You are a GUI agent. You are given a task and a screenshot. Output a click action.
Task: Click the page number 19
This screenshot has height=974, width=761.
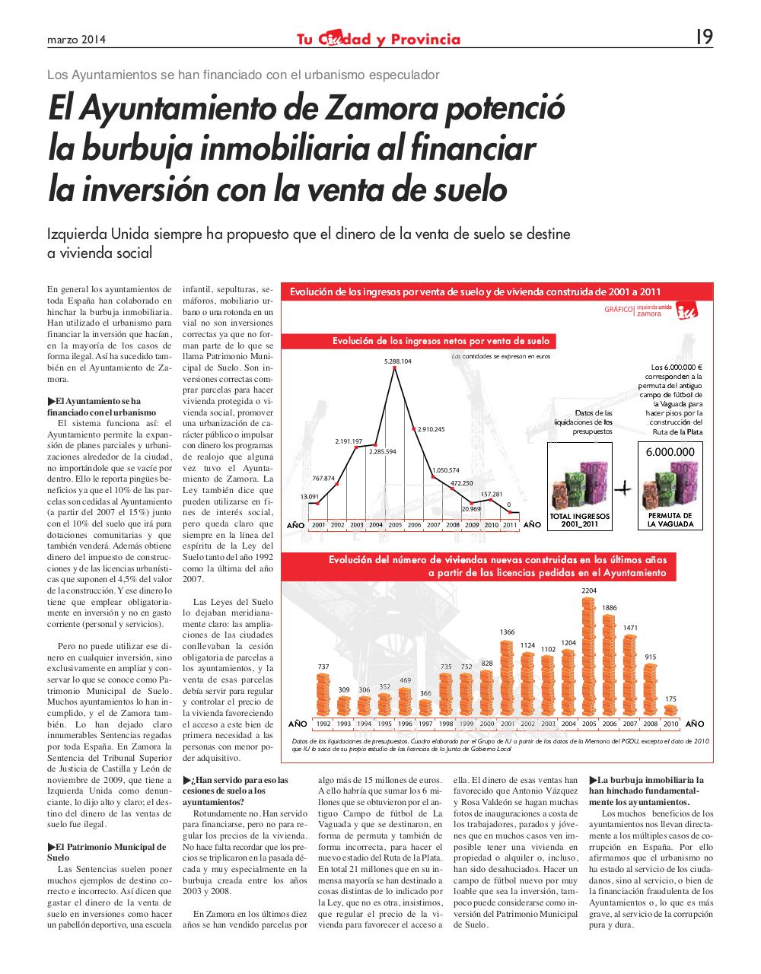(x=704, y=37)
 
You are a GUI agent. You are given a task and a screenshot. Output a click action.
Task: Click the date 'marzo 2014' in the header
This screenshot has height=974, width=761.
(x=76, y=40)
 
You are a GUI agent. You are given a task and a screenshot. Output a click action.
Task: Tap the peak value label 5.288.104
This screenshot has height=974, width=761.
(x=398, y=361)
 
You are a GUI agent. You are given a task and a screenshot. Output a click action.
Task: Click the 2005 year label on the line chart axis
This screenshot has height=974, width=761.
(x=395, y=525)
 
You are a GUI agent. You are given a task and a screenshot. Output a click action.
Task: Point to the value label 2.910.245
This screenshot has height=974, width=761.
(x=430, y=429)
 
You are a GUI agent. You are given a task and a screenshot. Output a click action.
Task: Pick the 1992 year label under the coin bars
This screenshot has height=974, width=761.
(x=323, y=724)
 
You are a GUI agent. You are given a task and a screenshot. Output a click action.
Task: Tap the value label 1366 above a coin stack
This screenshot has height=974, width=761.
(x=507, y=632)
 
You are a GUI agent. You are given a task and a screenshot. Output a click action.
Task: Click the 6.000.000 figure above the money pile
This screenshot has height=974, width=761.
(x=670, y=451)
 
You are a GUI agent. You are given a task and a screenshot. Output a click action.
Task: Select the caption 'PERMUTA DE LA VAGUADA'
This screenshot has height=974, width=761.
(x=670, y=520)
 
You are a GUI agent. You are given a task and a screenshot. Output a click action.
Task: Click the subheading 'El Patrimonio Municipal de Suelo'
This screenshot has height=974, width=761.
(x=106, y=851)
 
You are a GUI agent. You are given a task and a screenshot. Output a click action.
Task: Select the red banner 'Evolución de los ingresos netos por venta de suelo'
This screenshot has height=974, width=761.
(x=441, y=341)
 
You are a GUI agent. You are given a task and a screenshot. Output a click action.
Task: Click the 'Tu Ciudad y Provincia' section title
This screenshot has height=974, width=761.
(x=378, y=40)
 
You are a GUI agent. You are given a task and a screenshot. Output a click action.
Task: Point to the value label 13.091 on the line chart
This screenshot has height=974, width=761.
(x=310, y=496)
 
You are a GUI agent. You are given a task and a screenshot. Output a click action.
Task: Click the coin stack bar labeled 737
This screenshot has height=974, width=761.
(x=323, y=695)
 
